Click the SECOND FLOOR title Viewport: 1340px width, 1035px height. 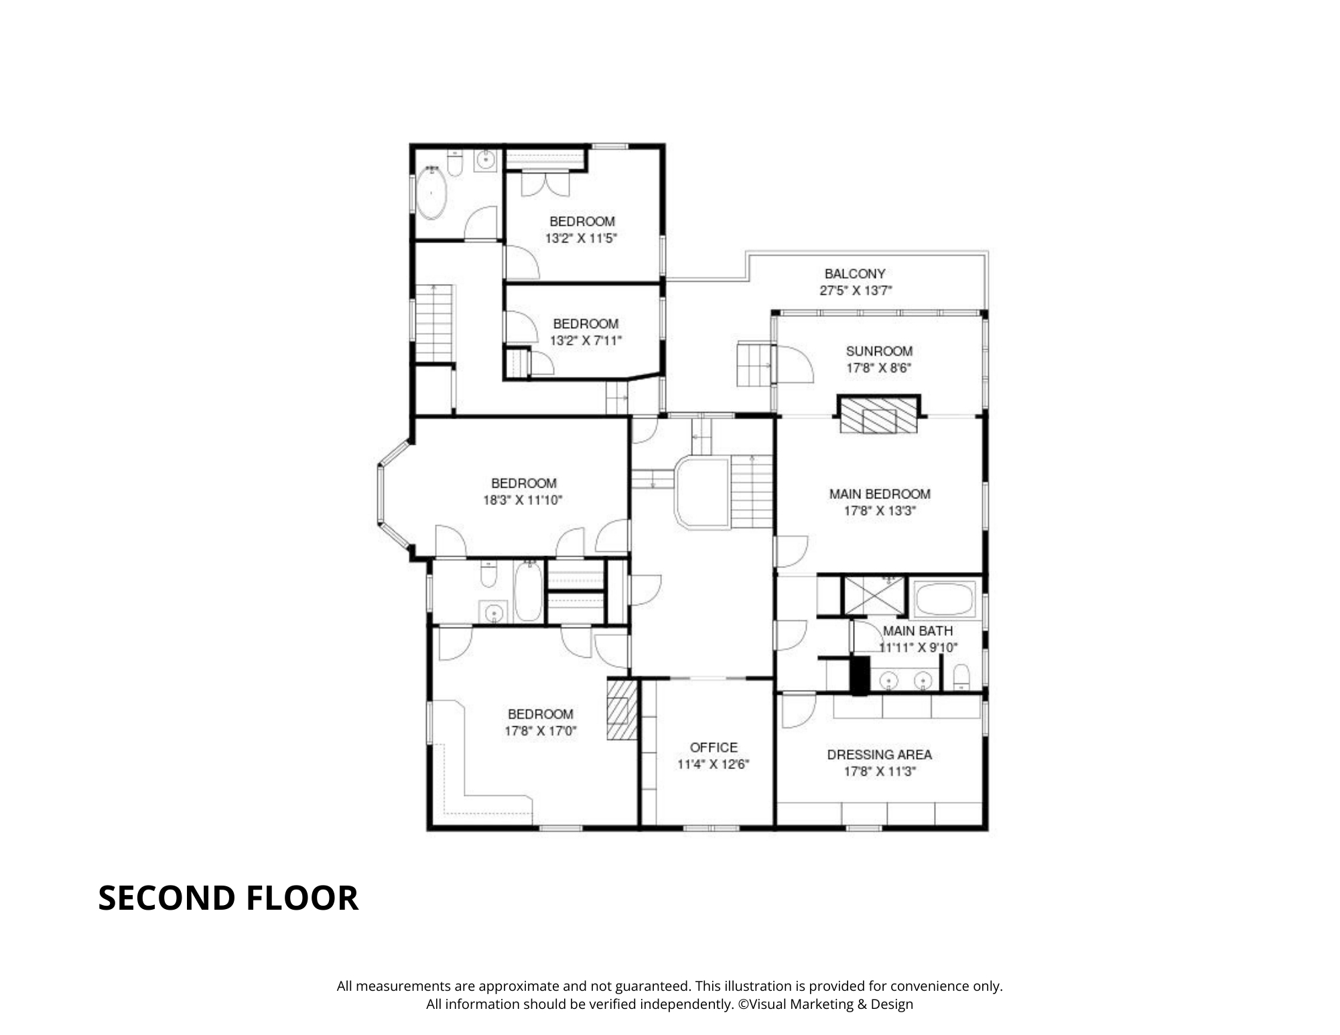point(228,898)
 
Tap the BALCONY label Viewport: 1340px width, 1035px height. point(855,273)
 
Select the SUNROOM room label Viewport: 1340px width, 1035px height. point(879,351)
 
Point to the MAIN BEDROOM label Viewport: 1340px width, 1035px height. point(880,494)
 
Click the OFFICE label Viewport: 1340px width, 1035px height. point(714,747)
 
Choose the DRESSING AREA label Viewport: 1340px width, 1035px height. point(880,754)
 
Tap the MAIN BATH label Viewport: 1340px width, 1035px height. point(917,630)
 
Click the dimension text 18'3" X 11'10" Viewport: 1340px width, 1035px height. point(523,500)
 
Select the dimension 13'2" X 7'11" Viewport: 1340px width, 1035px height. point(586,340)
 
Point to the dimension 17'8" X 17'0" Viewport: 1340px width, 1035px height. point(541,731)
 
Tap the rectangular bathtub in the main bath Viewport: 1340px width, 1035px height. point(945,599)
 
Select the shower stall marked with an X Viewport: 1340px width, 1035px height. point(874,595)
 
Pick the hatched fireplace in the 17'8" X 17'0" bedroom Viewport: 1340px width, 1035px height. point(622,710)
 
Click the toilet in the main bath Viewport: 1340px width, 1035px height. point(961,677)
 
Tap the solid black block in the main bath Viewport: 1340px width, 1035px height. point(860,675)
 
